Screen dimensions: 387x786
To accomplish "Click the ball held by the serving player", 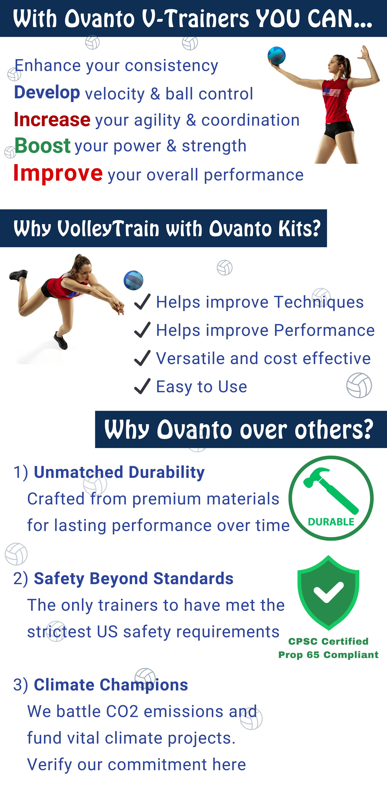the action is tap(277, 56).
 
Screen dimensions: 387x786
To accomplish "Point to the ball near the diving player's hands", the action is tap(133, 280).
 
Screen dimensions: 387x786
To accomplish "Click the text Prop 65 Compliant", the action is tap(328, 655).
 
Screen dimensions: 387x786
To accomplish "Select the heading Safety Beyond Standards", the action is tap(133, 579).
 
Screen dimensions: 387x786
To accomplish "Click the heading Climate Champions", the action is tap(111, 685).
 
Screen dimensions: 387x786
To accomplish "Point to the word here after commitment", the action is tap(229, 764).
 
